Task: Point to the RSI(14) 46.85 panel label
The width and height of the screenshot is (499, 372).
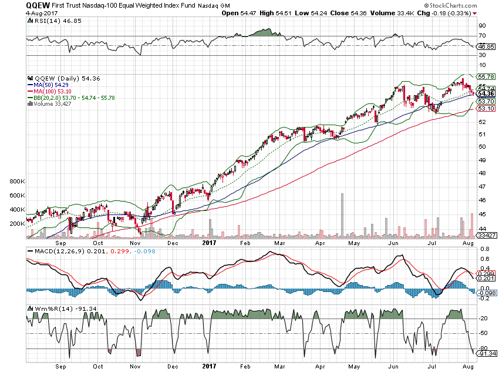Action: [x=52, y=21]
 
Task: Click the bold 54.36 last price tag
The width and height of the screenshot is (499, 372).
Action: [x=485, y=93]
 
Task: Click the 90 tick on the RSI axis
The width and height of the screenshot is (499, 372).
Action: [x=481, y=25]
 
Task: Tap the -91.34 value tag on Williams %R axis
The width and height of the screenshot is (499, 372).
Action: [x=486, y=353]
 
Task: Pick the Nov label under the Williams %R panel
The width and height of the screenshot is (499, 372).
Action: [x=135, y=364]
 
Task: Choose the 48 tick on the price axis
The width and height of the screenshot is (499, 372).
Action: [x=481, y=173]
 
